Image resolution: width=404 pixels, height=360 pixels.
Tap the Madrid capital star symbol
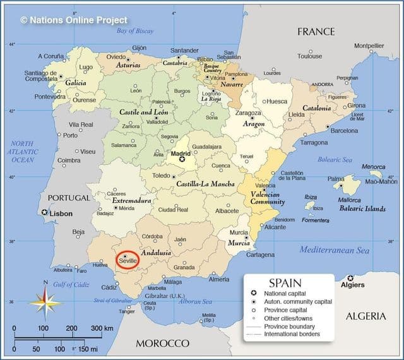coord(182,159)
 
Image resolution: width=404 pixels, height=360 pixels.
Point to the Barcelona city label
coord(344,131)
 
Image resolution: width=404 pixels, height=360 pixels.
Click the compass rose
coord(45,301)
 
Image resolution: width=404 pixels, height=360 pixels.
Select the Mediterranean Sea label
coord(334,250)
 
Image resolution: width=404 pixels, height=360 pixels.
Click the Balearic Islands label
coord(362,208)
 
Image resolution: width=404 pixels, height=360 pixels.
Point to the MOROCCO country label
coord(162,343)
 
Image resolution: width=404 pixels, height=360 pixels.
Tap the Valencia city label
coord(264,186)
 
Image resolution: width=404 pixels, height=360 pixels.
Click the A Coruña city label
coord(50,56)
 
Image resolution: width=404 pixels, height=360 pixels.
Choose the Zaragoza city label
coord(248,112)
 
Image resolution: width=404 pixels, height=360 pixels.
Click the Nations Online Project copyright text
coord(74,20)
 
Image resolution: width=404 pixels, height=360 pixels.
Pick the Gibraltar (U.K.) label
coord(165,296)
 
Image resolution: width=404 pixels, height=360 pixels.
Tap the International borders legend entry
coord(292,333)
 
